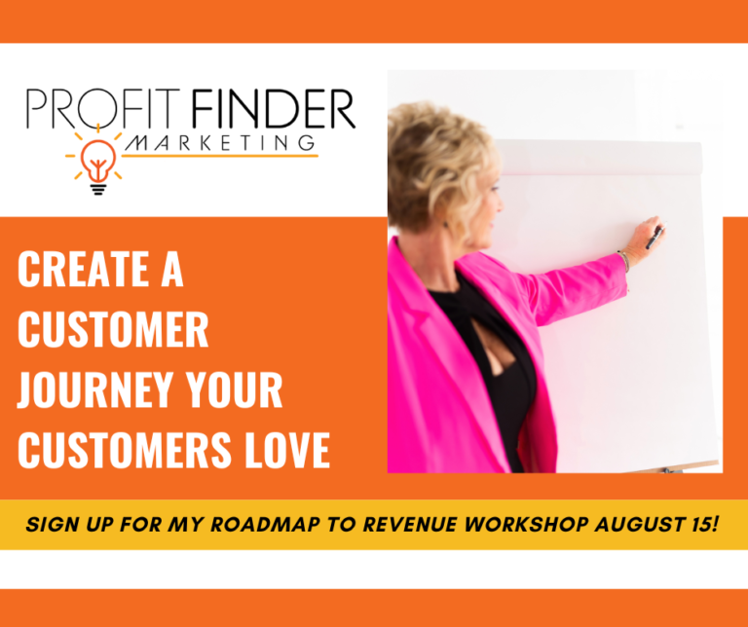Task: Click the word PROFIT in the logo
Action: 103,108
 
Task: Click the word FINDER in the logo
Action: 274,108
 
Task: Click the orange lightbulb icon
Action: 97,160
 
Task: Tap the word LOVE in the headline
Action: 287,450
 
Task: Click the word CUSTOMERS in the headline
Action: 125,450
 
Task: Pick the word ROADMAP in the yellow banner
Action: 265,525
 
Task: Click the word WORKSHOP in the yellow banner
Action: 527,525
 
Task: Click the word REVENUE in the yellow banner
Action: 411,525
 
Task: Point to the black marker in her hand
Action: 655,237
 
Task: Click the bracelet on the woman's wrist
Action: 623,261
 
